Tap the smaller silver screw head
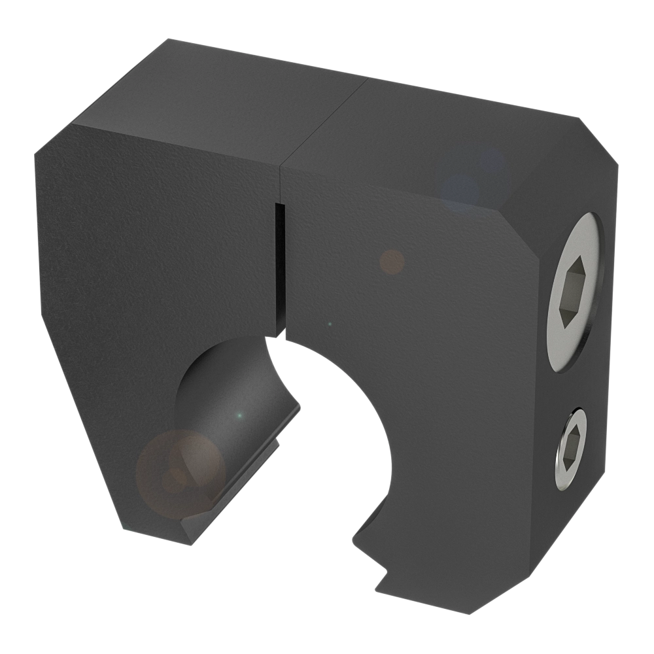(x=571, y=448)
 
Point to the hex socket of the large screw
(x=572, y=294)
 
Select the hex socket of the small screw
(x=570, y=448)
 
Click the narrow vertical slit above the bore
(x=280, y=268)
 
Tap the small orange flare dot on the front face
(x=392, y=262)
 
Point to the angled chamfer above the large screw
(x=556, y=190)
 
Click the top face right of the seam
(x=445, y=131)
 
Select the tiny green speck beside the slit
(x=330, y=324)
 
